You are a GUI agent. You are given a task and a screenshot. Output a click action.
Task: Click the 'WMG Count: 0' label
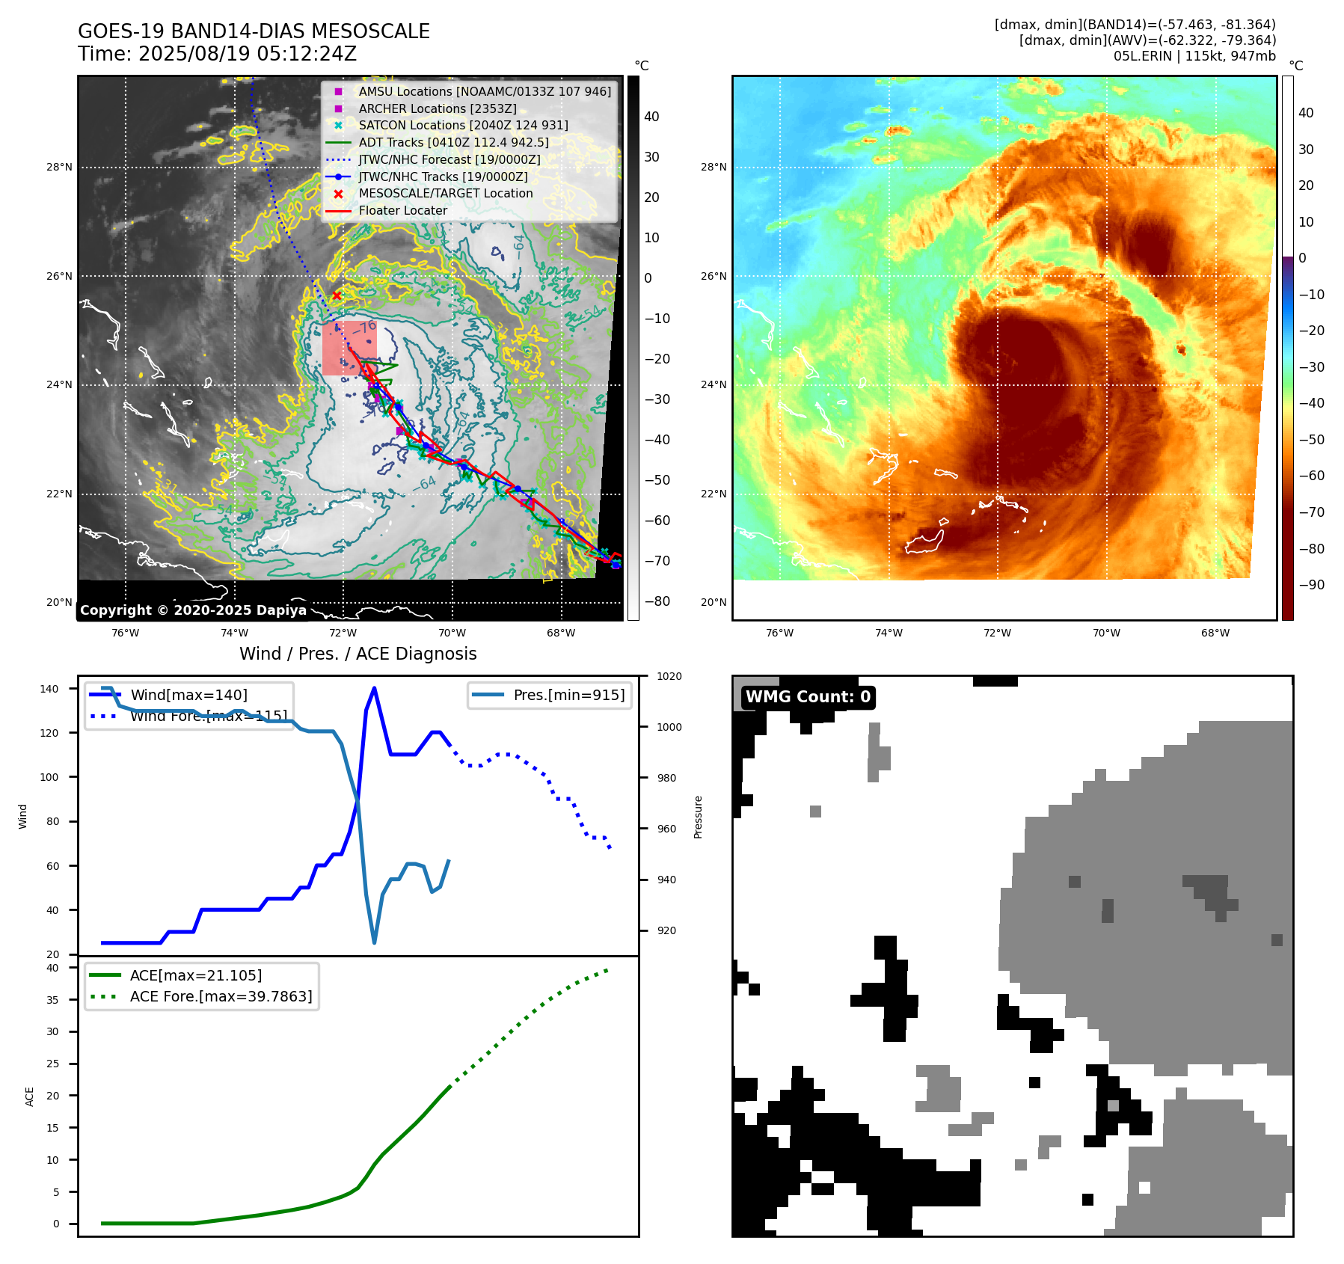[808, 697]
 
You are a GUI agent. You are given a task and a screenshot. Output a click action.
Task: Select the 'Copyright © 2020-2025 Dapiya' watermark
[193, 610]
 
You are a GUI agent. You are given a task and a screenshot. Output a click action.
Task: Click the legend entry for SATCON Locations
[463, 126]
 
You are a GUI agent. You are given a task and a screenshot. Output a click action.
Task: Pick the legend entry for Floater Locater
[402, 211]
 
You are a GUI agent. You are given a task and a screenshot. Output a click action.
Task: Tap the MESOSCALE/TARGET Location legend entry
[445, 194]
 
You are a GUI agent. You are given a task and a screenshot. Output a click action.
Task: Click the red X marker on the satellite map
[337, 296]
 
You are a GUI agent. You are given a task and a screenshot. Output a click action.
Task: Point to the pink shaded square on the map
[349, 349]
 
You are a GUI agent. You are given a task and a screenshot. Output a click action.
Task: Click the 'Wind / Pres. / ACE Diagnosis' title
[358, 654]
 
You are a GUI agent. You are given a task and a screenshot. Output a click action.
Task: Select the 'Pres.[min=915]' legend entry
[568, 695]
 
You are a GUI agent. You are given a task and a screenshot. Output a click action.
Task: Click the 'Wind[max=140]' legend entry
[188, 695]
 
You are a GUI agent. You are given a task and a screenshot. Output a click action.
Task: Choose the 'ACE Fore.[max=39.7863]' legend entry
[221, 996]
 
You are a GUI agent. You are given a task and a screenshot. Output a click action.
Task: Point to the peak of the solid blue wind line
[374, 688]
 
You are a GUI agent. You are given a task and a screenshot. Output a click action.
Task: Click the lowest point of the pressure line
[374, 942]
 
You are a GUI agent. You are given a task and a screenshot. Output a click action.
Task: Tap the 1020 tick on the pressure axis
[669, 677]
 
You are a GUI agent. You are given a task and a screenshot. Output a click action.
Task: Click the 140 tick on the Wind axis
[49, 689]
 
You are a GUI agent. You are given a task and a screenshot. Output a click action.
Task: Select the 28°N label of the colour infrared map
[713, 168]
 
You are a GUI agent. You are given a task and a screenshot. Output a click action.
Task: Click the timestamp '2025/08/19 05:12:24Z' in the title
[248, 55]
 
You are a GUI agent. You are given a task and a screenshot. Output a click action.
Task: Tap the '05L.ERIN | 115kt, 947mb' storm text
[1194, 56]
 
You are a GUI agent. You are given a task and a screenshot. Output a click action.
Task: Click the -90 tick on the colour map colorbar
[1311, 585]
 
